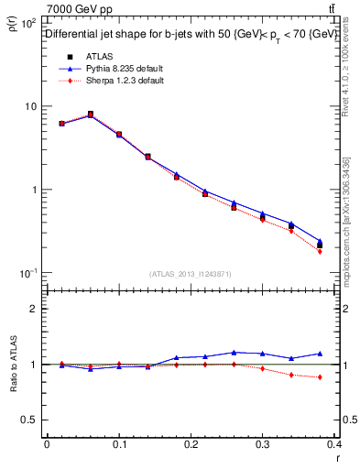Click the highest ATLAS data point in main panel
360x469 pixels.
90,115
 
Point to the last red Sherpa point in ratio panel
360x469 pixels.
345,377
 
